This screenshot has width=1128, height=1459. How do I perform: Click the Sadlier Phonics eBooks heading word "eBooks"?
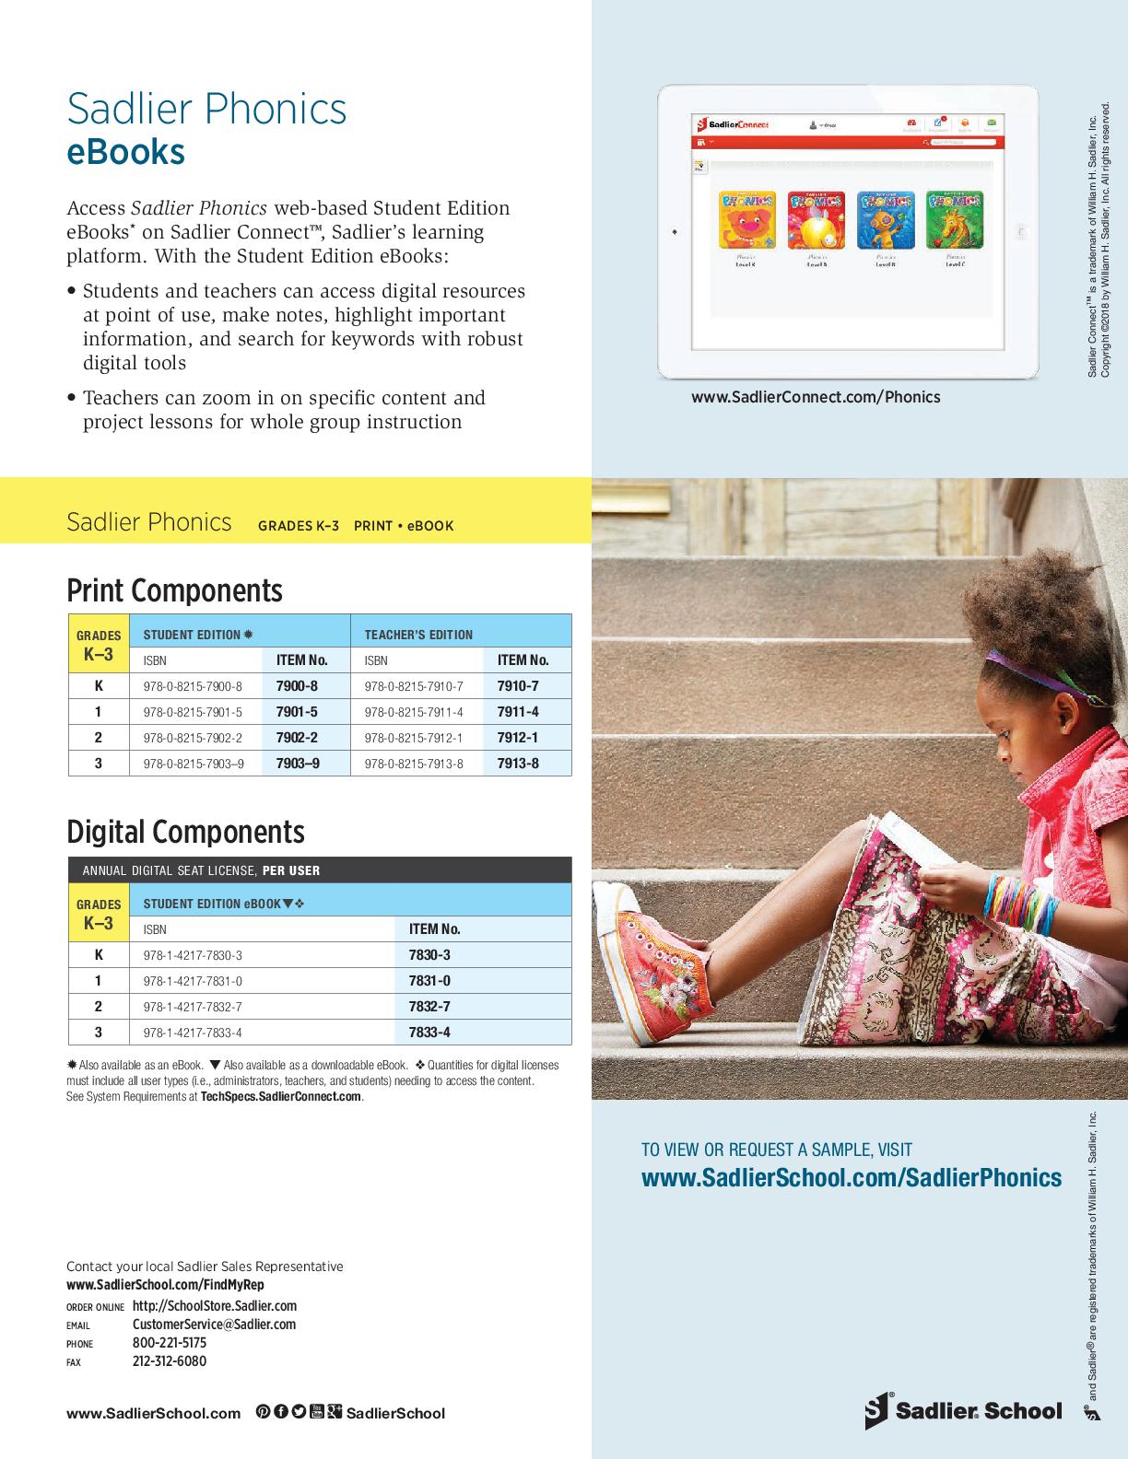pyautogui.click(x=125, y=152)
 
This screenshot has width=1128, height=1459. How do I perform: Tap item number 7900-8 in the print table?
pyautogui.click(x=297, y=686)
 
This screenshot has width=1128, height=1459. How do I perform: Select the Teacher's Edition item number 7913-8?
pyautogui.click(x=518, y=764)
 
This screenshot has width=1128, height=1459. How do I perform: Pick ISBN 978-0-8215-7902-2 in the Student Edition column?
pyautogui.click(x=193, y=738)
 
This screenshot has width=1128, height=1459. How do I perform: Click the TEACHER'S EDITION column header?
pyautogui.click(x=418, y=635)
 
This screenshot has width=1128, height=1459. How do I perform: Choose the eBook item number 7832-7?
pyautogui.click(x=429, y=1007)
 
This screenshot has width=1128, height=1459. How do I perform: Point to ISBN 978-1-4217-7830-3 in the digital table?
pyautogui.click(x=193, y=956)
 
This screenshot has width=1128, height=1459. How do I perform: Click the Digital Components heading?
pyautogui.click(x=185, y=832)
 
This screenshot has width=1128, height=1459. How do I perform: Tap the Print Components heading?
pyautogui.click(x=174, y=590)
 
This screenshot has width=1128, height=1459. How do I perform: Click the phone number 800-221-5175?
pyautogui.click(x=170, y=1343)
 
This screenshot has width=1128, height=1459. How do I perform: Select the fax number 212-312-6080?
pyautogui.click(x=170, y=1361)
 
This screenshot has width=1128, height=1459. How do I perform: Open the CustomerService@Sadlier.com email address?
pyautogui.click(x=214, y=1325)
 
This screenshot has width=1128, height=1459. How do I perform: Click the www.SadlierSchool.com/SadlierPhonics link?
pyautogui.click(x=851, y=1178)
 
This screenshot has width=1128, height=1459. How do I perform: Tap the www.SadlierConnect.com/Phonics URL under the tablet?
pyautogui.click(x=816, y=397)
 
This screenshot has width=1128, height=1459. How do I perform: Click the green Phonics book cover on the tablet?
pyautogui.click(x=954, y=220)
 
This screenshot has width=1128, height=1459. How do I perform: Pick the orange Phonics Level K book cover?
pyautogui.click(x=746, y=220)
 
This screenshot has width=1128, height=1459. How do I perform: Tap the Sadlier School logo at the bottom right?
pyautogui.click(x=963, y=1411)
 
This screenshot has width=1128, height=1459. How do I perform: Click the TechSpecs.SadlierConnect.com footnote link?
pyautogui.click(x=280, y=1097)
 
